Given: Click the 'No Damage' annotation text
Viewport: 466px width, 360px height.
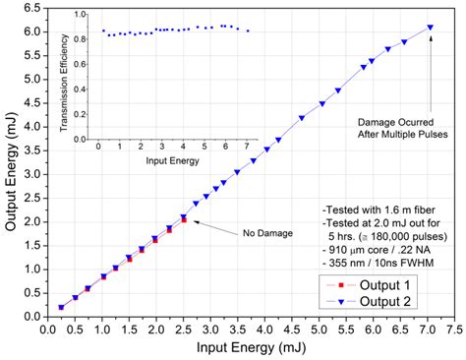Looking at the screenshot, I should tap(261, 234).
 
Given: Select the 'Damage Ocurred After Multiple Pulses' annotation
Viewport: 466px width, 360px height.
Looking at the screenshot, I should tap(400, 126).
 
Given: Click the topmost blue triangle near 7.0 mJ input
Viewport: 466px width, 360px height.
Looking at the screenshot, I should tap(430, 28).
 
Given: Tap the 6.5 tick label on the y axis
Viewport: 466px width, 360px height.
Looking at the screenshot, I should tap(30, 7).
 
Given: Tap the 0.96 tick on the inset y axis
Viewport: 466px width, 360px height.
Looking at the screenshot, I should tap(82, 16).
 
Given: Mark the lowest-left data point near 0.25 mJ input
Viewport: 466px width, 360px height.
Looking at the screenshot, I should tap(61, 307).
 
